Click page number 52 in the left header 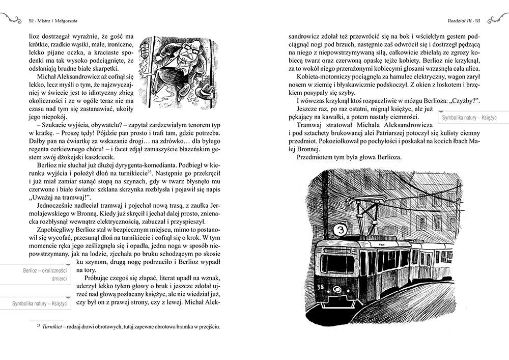pos(32,21)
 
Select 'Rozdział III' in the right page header pos(457,21)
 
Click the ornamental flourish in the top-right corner pos(497,19)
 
